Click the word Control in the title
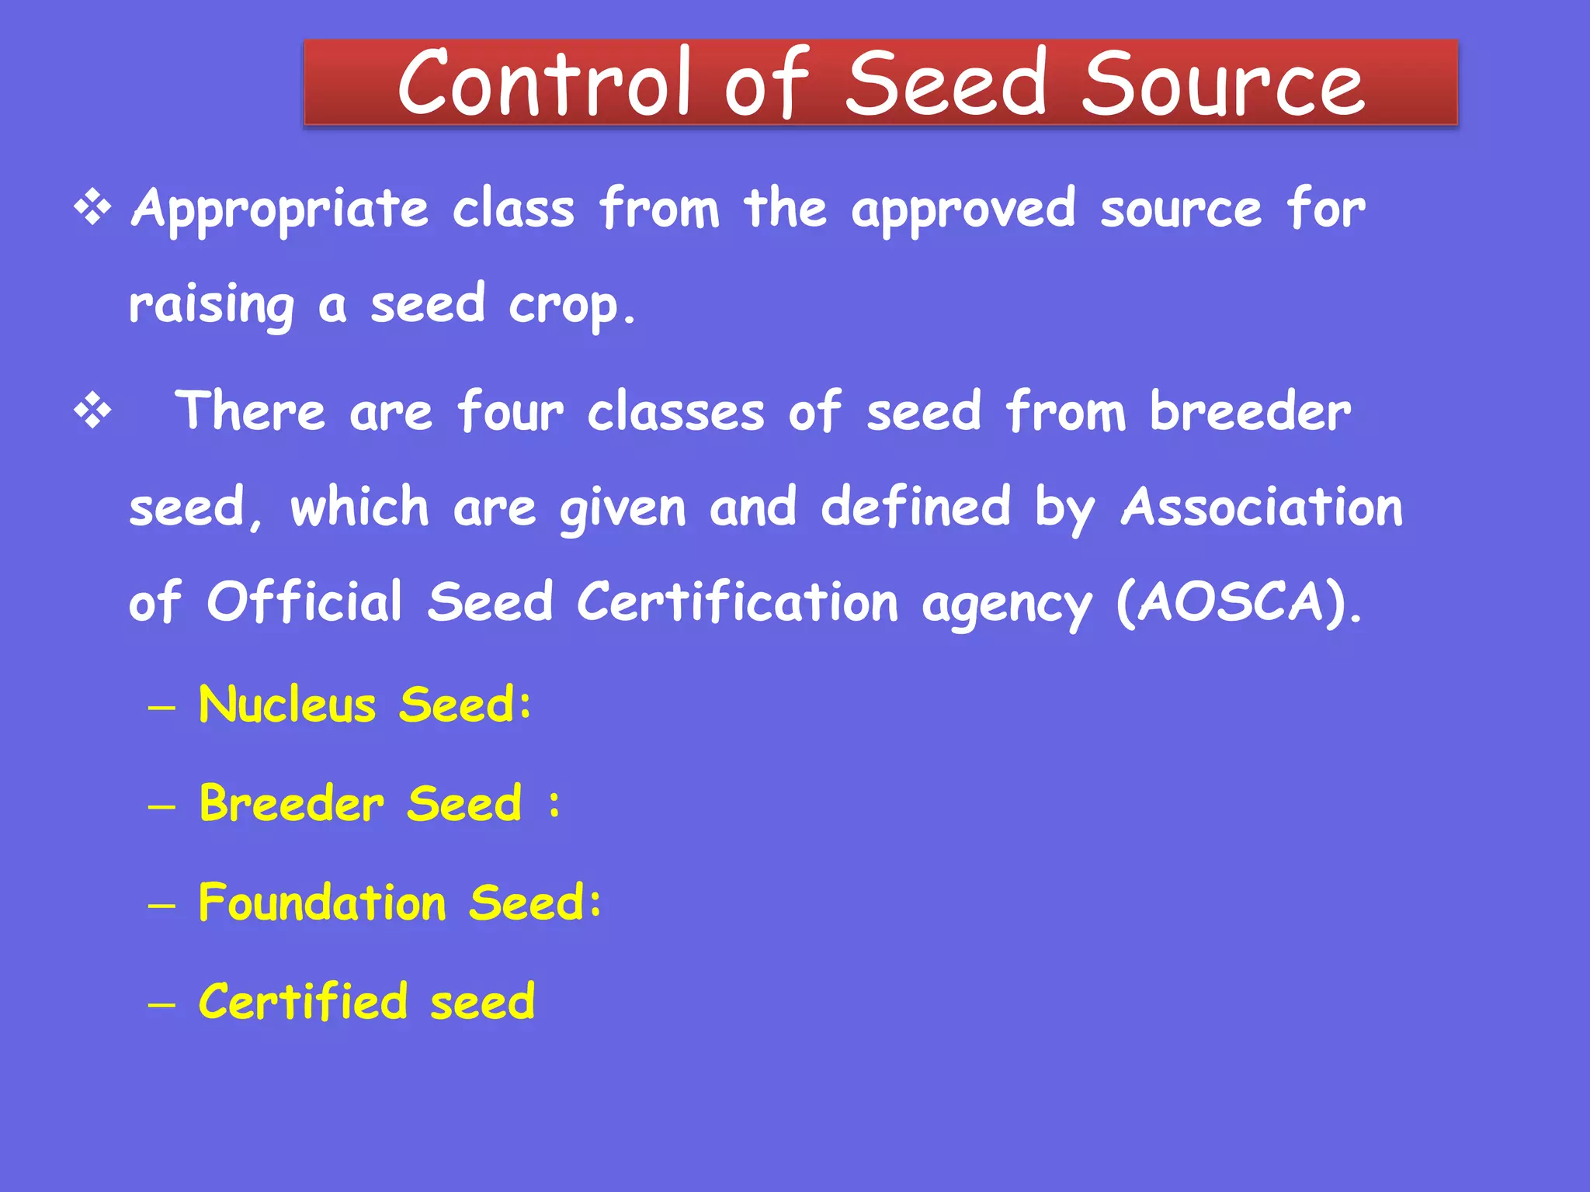[543, 83]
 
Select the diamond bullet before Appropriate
[92, 208]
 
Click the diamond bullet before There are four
[92, 411]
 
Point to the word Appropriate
[279, 210]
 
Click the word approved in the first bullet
[963, 210]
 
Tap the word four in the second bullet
[510, 411]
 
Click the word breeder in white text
[1250, 411]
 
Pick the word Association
[1262, 508]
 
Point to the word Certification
[737, 602]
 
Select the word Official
[304, 602]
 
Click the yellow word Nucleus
[287, 705]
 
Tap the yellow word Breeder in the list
[291, 803]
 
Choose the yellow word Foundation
[322, 903]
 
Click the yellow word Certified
[303, 1001]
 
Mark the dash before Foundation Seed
[161, 906]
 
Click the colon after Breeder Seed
[554, 805]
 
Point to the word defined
[916, 508]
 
